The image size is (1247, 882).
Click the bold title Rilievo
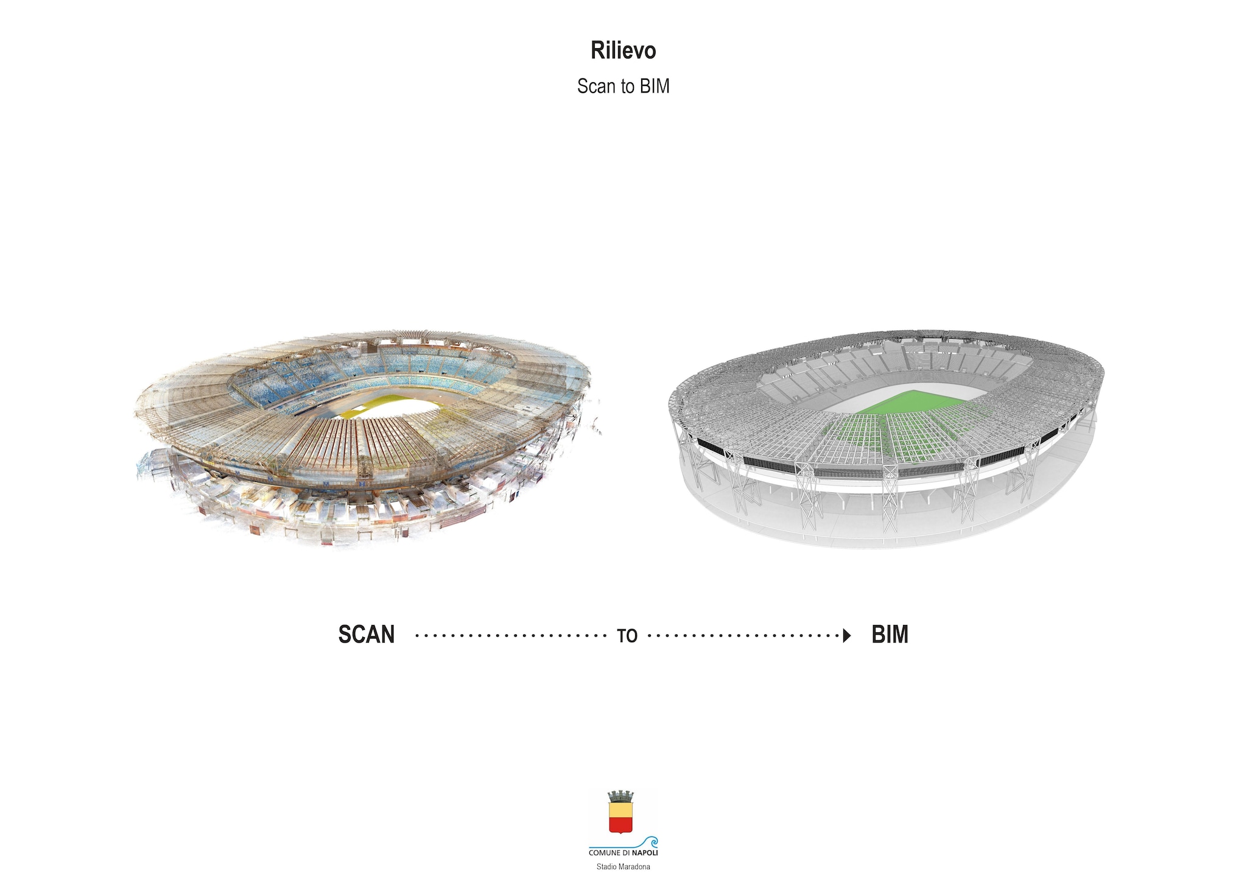coord(623,51)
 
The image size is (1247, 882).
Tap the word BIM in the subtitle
coord(655,86)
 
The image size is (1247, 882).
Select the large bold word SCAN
coord(367,635)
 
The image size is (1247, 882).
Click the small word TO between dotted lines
coord(627,636)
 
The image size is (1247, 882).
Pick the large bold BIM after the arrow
coord(890,635)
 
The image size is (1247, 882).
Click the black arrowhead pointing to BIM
coord(847,636)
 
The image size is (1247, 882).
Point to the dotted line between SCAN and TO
coord(511,636)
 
